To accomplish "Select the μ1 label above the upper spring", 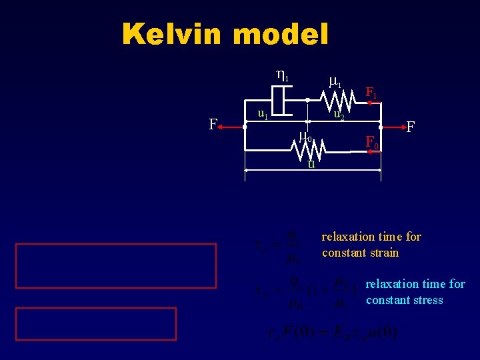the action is coord(336,82).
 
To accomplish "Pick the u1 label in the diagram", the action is coord(263,114).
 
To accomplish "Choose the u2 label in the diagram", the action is coord(339,115).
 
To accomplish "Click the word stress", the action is coord(427,300).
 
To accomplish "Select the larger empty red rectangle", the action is coord(116,265).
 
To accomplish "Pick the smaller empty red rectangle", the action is coord(96,324).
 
